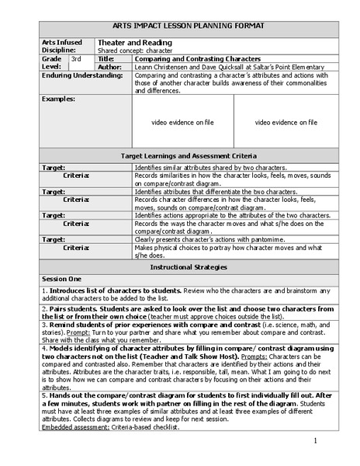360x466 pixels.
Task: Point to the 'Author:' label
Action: coord(112,67)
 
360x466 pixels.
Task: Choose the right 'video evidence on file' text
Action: coord(286,123)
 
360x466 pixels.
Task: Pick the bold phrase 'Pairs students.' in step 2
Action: coord(71,308)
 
